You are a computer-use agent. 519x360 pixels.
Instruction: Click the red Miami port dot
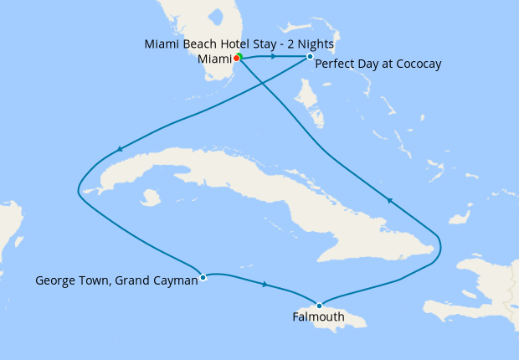click(236, 58)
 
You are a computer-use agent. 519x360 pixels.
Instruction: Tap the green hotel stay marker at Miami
click(239, 56)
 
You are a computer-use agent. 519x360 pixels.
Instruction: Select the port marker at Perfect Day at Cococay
click(310, 56)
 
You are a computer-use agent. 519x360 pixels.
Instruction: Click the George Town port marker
click(203, 277)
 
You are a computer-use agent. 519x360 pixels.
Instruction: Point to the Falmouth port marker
click(319, 305)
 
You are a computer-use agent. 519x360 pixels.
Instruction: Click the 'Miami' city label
click(214, 59)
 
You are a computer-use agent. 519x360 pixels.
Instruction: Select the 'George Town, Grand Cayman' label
click(116, 281)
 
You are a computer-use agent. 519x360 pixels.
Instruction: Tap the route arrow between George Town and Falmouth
click(265, 285)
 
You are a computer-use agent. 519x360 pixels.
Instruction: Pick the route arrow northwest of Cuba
click(121, 150)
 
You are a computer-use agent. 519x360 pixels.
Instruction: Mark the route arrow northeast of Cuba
click(388, 199)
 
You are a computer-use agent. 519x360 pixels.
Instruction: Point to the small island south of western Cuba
click(151, 198)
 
